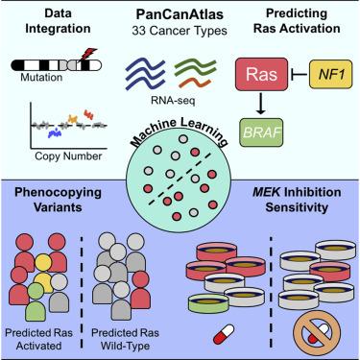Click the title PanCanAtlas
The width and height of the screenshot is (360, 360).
tap(180, 14)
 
